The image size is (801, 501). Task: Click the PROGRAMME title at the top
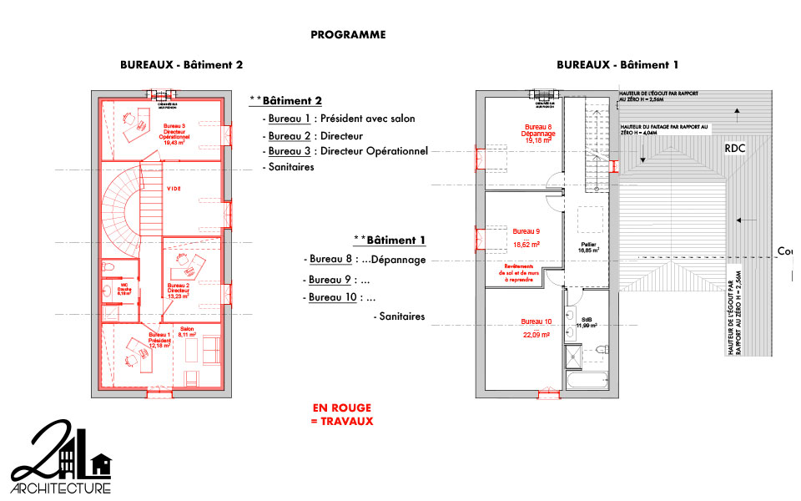[x=348, y=35]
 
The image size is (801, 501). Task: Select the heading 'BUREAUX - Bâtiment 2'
[x=181, y=64]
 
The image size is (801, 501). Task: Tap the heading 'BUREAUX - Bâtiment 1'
[x=617, y=64]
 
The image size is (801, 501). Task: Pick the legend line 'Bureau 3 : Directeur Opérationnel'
[x=347, y=151]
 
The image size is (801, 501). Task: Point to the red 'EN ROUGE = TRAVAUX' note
[x=342, y=414]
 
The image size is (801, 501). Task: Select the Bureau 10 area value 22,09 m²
[x=536, y=335]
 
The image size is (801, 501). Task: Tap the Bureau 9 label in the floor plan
[x=526, y=231]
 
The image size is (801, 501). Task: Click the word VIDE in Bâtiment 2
[x=174, y=189]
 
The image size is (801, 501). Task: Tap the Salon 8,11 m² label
[x=188, y=331]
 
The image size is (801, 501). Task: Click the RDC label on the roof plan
[x=734, y=148]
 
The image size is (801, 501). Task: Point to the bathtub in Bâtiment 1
[x=587, y=381]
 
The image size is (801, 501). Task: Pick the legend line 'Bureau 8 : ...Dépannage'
[x=367, y=260]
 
